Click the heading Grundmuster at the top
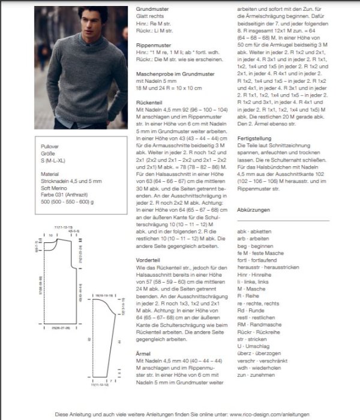(154, 10)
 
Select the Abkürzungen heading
(254, 210)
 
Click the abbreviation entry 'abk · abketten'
(254, 232)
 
